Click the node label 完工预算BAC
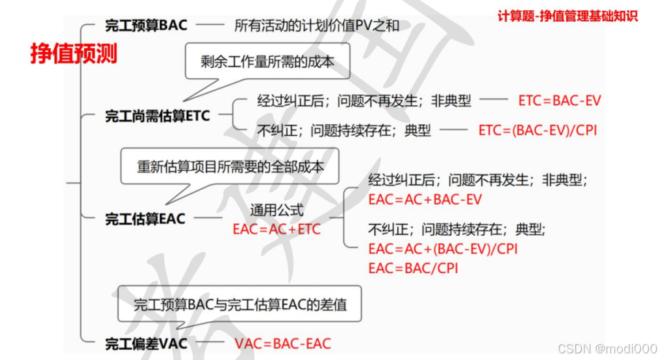click(146, 26)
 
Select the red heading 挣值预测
click(74, 54)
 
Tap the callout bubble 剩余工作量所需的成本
click(267, 62)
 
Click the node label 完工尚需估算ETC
click(157, 115)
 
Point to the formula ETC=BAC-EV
click(559, 101)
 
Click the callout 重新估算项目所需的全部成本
click(230, 166)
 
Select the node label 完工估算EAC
click(145, 218)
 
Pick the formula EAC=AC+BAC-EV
click(425, 199)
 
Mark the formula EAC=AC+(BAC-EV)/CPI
click(443, 249)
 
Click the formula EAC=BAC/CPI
click(413, 268)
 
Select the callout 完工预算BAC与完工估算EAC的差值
click(240, 305)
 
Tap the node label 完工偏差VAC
click(146, 342)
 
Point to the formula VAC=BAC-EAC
click(283, 343)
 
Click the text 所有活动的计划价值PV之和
click(317, 26)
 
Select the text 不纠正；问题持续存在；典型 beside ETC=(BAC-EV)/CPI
click(344, 131)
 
